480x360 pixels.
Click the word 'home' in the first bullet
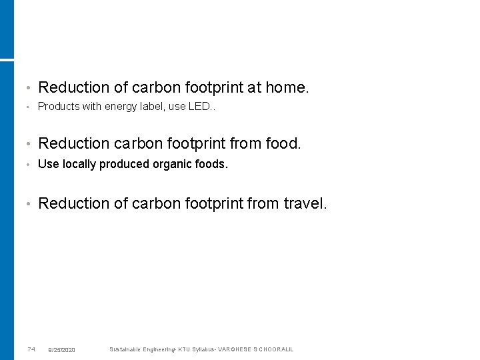(285, 87)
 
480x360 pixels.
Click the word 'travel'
(304, 203)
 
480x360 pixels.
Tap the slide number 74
(31, 349)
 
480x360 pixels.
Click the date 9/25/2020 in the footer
(62, 349)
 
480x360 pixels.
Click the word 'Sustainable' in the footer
(125, 349)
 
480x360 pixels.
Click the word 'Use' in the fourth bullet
(48, 164)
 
